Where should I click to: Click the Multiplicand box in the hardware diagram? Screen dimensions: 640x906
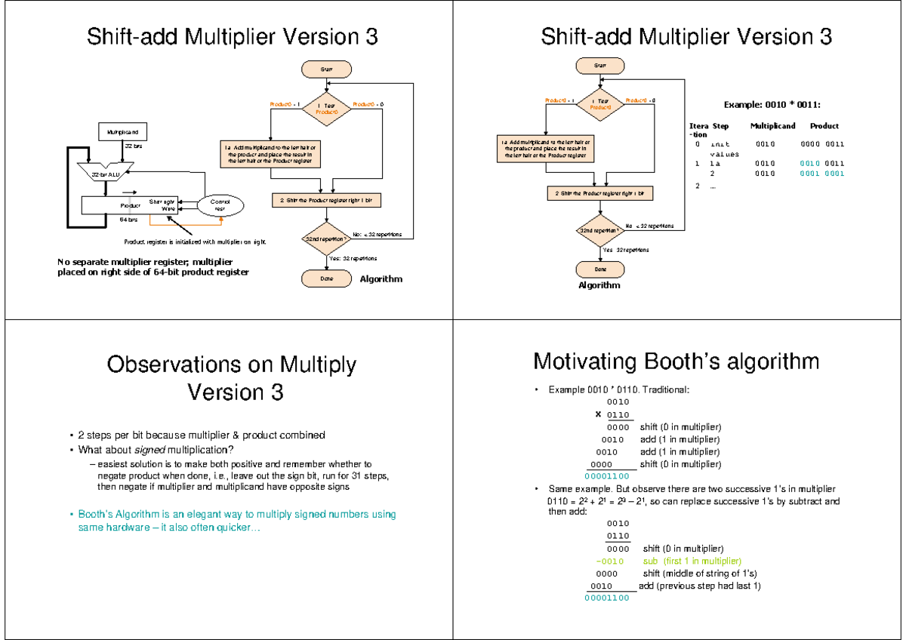(x=121, y=132)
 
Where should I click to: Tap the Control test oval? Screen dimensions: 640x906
(x=220, y=205)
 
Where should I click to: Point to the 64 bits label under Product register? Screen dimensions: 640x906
(x=129, y=220)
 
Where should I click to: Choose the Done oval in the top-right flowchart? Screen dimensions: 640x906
(x=600, y=269)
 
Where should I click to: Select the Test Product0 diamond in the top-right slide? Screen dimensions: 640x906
(x=601, y=103)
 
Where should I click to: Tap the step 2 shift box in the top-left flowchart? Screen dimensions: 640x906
(x=326, y=201)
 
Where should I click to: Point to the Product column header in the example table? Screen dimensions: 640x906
(x=824, y=126)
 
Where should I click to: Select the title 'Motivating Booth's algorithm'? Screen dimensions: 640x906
(x=676, y=362)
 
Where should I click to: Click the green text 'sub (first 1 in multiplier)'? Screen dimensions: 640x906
(x=692, y=562)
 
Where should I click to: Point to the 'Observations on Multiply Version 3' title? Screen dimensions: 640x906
(x=231, y=378)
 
